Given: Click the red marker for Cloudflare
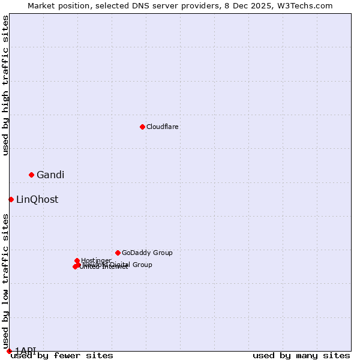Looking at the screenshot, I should pyautogui.click(x=142, y=127).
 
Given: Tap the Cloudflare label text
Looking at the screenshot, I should pyautogui.click(x=163, y=127).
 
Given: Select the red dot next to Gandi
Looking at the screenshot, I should pyautogui.click(x=31, y=175).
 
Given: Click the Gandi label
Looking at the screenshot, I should pyautogui.click(x=50, y=175).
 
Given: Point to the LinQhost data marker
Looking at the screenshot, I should pyautogui.click(x=11, y=199).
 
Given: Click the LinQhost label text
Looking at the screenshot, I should pyautogui.click(x=37, y=200).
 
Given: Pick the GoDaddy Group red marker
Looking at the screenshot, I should pyautogui.click(x=118, y=253).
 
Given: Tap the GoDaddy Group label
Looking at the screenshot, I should pyautogui.click(x=147, y=253).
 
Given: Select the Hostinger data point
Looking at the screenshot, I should pyautogui.click(x=77, y=260).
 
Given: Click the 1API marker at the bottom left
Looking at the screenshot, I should pyautogui.click(x=9, y=351).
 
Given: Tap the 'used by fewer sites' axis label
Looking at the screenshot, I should pyautogui.click(x=62, y=356).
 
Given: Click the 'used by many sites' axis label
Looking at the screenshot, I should pyautogui.click(x=301, y=356).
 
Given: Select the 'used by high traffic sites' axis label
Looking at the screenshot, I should pyautogui.click(x=6, y=85).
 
